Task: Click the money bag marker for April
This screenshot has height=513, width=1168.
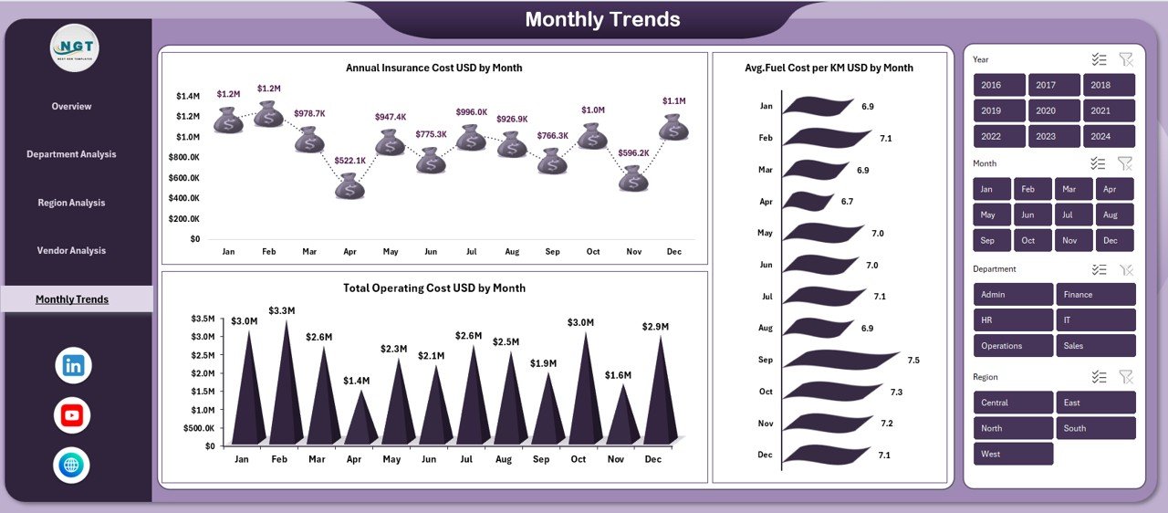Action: pos(349,186)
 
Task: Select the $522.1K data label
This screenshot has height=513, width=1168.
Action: pos(349,161)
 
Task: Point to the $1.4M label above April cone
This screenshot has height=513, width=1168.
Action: pos(357,381)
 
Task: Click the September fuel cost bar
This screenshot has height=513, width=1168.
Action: pos(839,360)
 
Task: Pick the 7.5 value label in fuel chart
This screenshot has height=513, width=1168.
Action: pos(913,361)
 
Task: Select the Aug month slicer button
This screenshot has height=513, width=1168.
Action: pos(1110,215)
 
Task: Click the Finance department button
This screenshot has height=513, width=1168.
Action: pos(1095,295)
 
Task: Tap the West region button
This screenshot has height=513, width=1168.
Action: pos(1013,454)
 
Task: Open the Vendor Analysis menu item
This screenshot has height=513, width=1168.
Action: pos(71,251)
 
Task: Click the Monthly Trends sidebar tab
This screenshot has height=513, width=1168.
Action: pos(72,299)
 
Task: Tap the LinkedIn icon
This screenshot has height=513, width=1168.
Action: pos(73,366)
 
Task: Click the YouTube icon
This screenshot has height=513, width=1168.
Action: pos(72,415)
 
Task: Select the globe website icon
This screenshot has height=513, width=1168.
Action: pos(71,465)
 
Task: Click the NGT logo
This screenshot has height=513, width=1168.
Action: pos(74,47)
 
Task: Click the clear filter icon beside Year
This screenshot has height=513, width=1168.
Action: pos(1126,59)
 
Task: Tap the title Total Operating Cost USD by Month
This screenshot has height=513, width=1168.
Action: pos(434,288)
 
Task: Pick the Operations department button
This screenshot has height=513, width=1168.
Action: pos(1013,346)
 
